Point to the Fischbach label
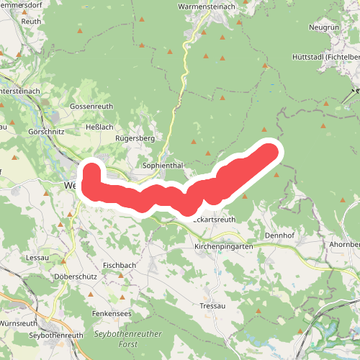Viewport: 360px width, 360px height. tap(120, 265)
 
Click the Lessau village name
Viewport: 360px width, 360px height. tap(37, 256)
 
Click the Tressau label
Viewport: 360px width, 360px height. tap(213, 306)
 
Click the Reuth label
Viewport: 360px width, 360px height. tap(31, 22)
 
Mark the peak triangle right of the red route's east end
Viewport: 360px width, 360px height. tap(277, 174)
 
